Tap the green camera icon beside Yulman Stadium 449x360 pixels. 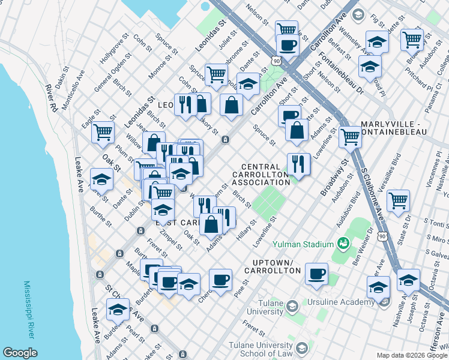(343, 244)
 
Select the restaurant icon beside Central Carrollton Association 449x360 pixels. (298, 163)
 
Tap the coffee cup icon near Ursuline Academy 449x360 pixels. (316, 274)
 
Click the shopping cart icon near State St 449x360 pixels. (398, 201)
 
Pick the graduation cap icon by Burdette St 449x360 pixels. (118, 310)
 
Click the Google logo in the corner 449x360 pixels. (20, 353)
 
